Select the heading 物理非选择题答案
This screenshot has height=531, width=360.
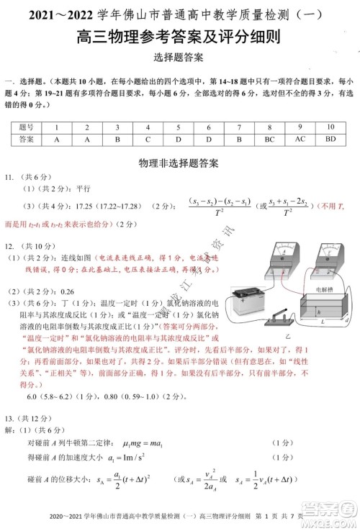coord(180,164)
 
